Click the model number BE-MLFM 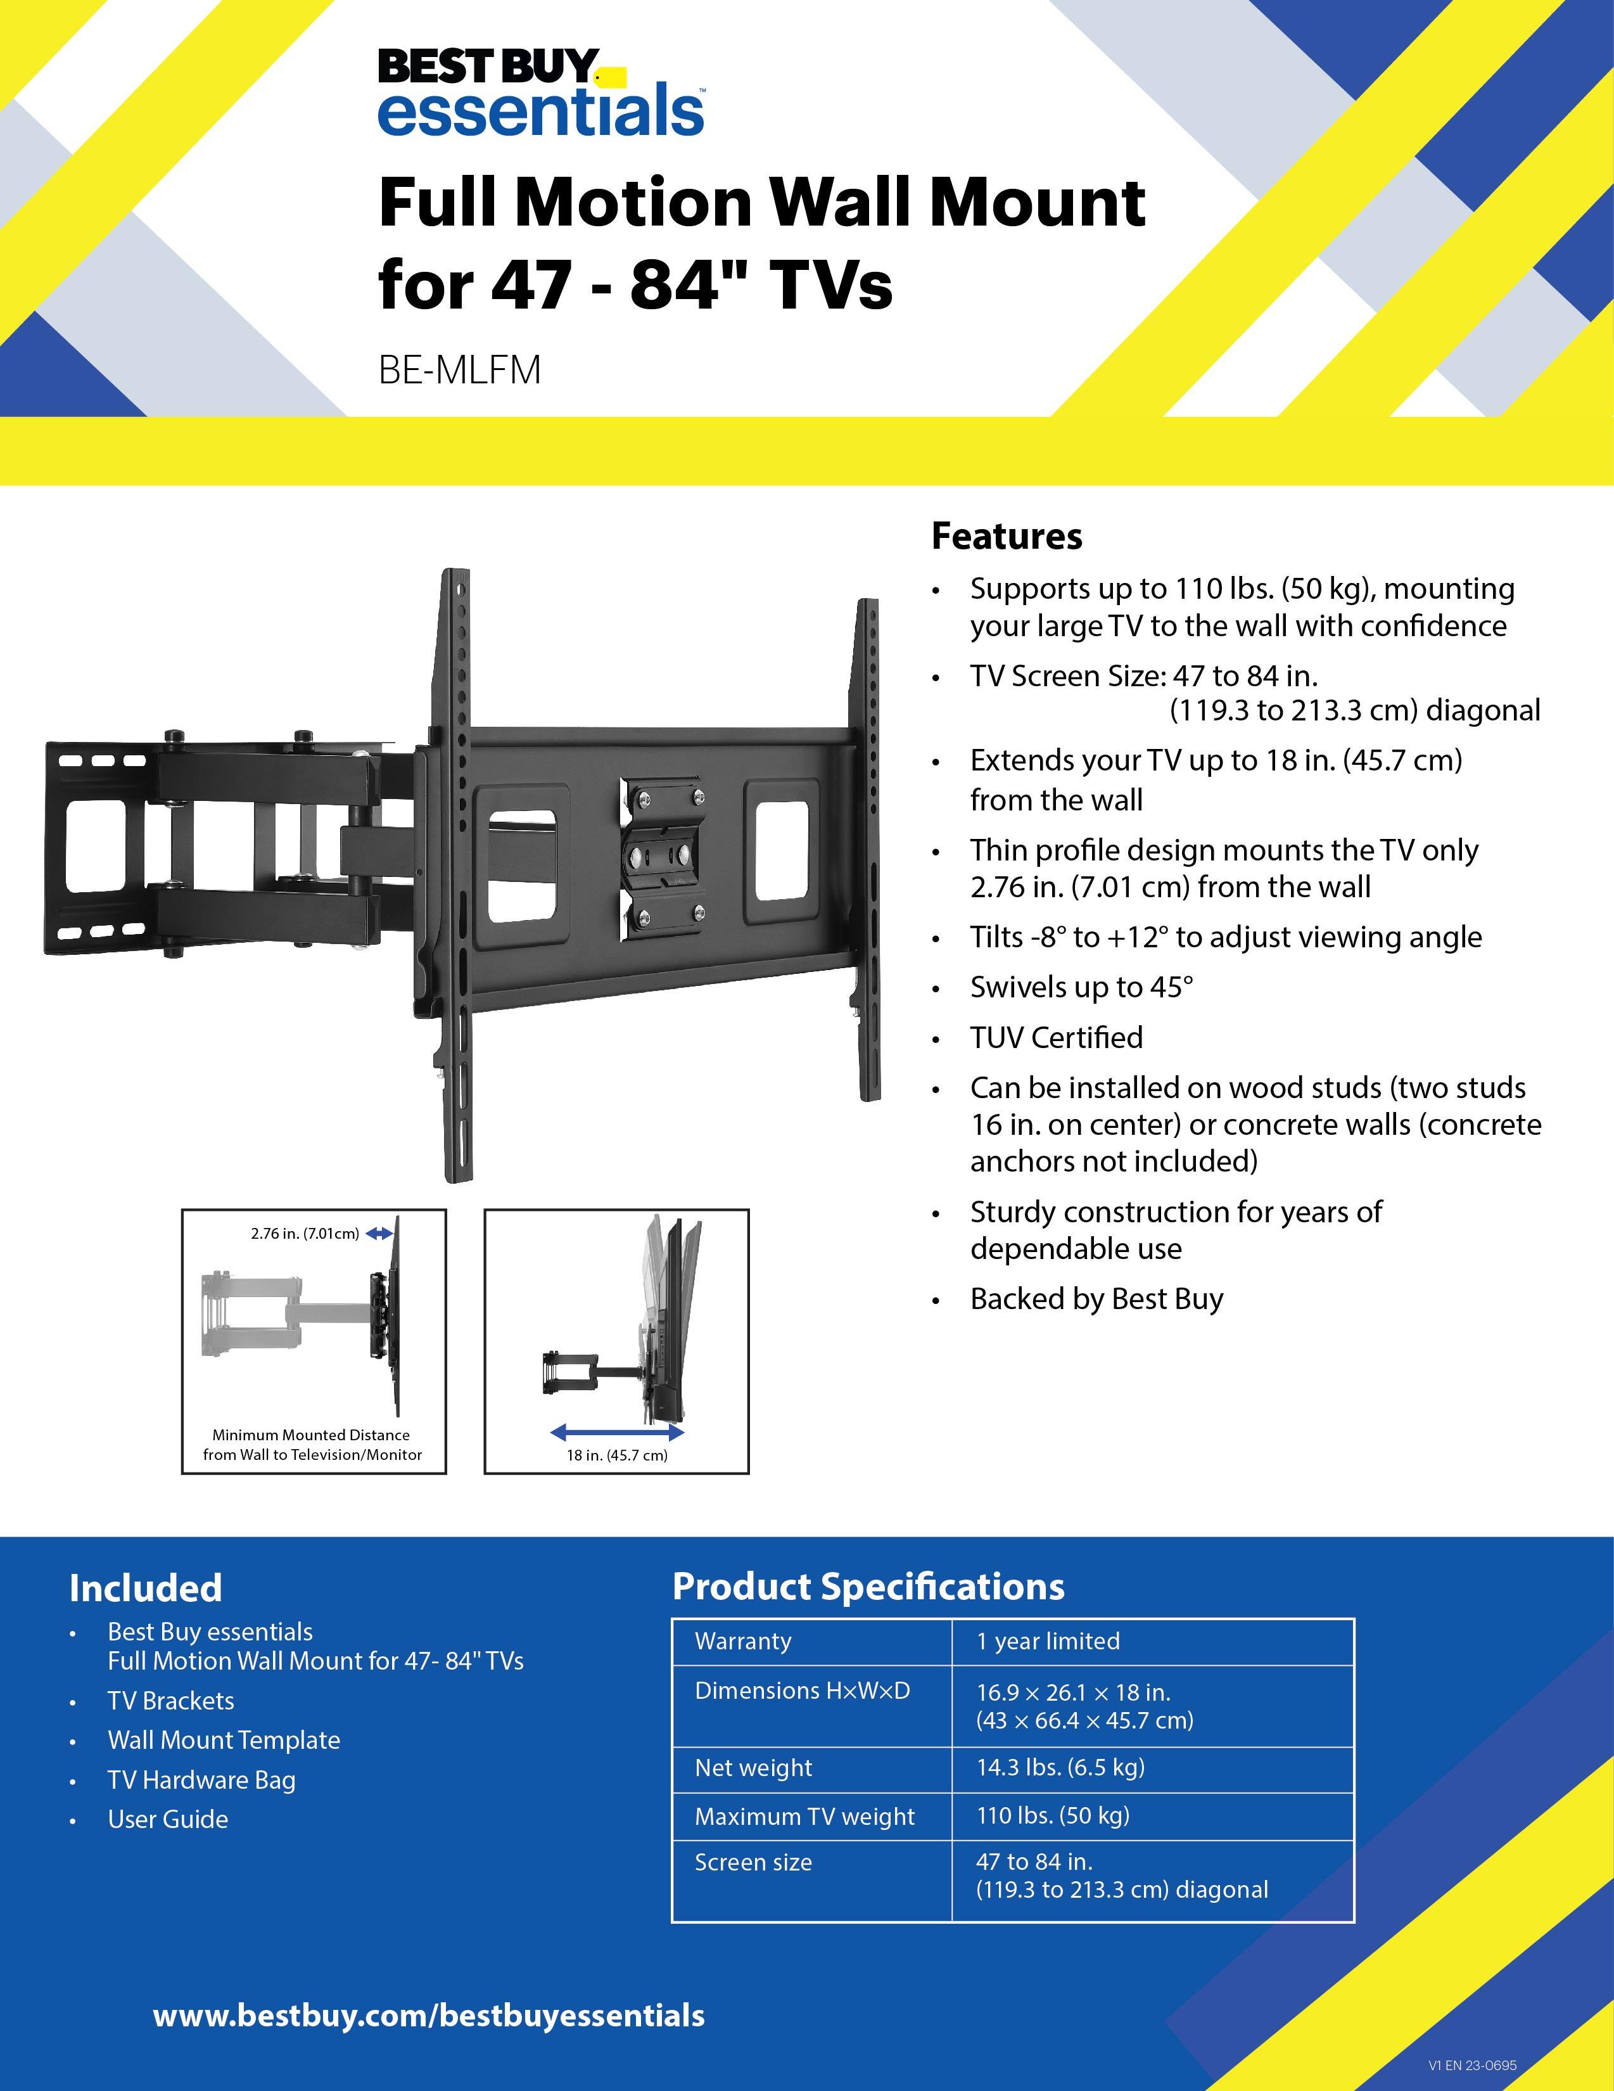[x=459, y=369]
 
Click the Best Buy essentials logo [x=541, y=93]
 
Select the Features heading [x=1006, y=536]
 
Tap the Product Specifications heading [x=867, y=1587]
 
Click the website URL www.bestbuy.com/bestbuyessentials [x=429, y=2016]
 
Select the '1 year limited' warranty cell [x=1047, y=1641]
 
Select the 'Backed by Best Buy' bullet [x=1096, y=1298]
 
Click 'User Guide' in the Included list [x=167, y=1819]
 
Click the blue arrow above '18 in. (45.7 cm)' [x=618, y=1432]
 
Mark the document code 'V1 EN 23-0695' [x=1471, y=2065]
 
